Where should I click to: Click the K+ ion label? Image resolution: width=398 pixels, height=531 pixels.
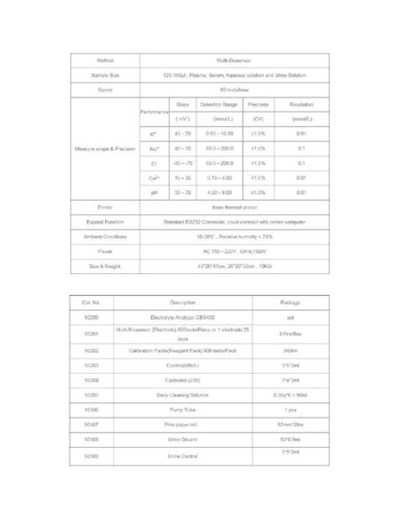coord(153,134)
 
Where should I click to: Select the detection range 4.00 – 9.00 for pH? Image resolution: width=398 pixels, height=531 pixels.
coord(224,192)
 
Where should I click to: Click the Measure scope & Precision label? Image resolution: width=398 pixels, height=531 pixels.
coord(101,148)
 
